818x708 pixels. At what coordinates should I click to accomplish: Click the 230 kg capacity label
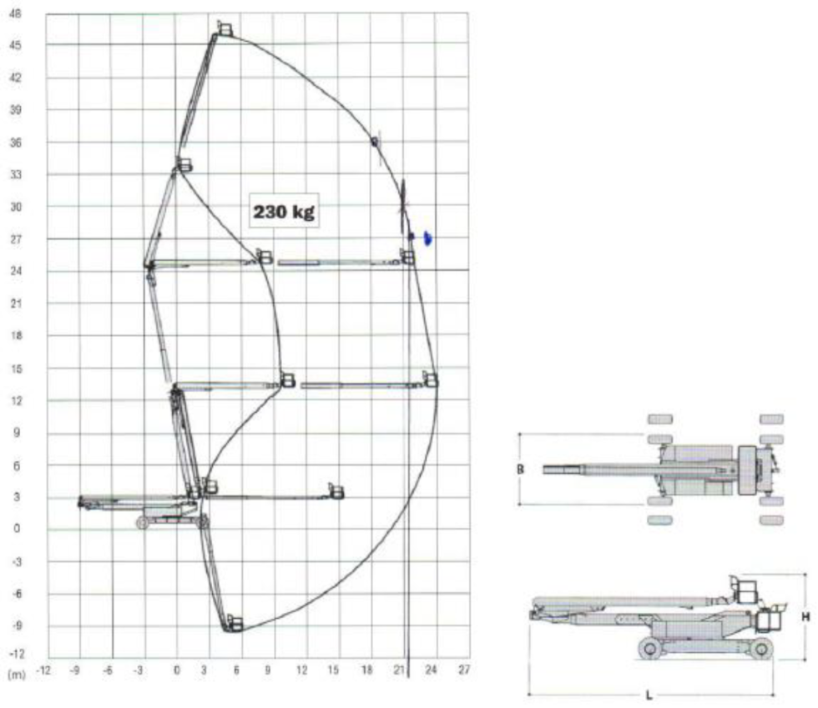(283, 212)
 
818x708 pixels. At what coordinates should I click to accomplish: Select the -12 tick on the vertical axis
(16, 653)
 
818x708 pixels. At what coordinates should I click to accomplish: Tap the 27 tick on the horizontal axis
(463, 670)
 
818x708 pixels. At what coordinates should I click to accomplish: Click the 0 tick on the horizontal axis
(176, 670)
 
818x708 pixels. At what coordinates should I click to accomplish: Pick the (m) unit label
(14, 671)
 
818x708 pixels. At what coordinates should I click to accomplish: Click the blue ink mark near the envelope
(428, 239)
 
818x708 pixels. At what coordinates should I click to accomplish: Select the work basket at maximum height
(225, 29)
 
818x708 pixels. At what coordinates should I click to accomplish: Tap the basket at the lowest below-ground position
(235, 623)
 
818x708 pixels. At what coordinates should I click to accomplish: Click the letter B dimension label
(519, 469)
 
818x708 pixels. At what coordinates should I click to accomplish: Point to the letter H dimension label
(805, 616)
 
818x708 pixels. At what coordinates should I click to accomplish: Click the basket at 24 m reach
(431, 379)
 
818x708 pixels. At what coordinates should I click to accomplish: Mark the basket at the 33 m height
(184, 165)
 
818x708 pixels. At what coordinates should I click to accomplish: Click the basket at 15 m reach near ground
(336, 491)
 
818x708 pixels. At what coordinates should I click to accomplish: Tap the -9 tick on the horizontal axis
(74, 670)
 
